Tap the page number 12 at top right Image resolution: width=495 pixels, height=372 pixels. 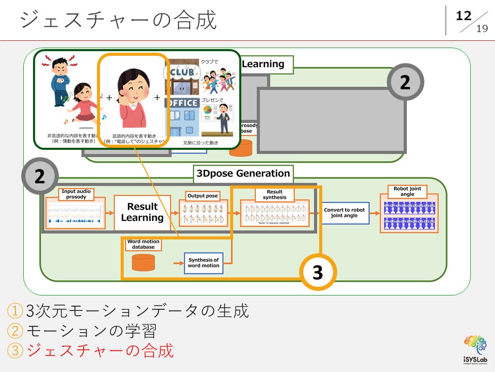(464, 16)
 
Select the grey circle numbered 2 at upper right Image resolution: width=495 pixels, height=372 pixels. (405, 82)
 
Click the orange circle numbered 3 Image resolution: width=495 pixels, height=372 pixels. (318, 272)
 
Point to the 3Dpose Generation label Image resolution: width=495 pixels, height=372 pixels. (243, 174)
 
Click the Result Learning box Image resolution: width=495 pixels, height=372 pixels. (142, 212)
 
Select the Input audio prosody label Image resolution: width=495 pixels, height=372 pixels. (76, 194)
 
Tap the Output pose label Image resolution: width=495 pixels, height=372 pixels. (203, 196)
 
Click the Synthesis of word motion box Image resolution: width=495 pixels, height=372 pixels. (203, 262)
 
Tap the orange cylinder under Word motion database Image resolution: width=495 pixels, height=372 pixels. (143, 262)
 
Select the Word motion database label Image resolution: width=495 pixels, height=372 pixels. (143, 244)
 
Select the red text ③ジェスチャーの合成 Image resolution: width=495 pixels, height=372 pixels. (90, 351)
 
